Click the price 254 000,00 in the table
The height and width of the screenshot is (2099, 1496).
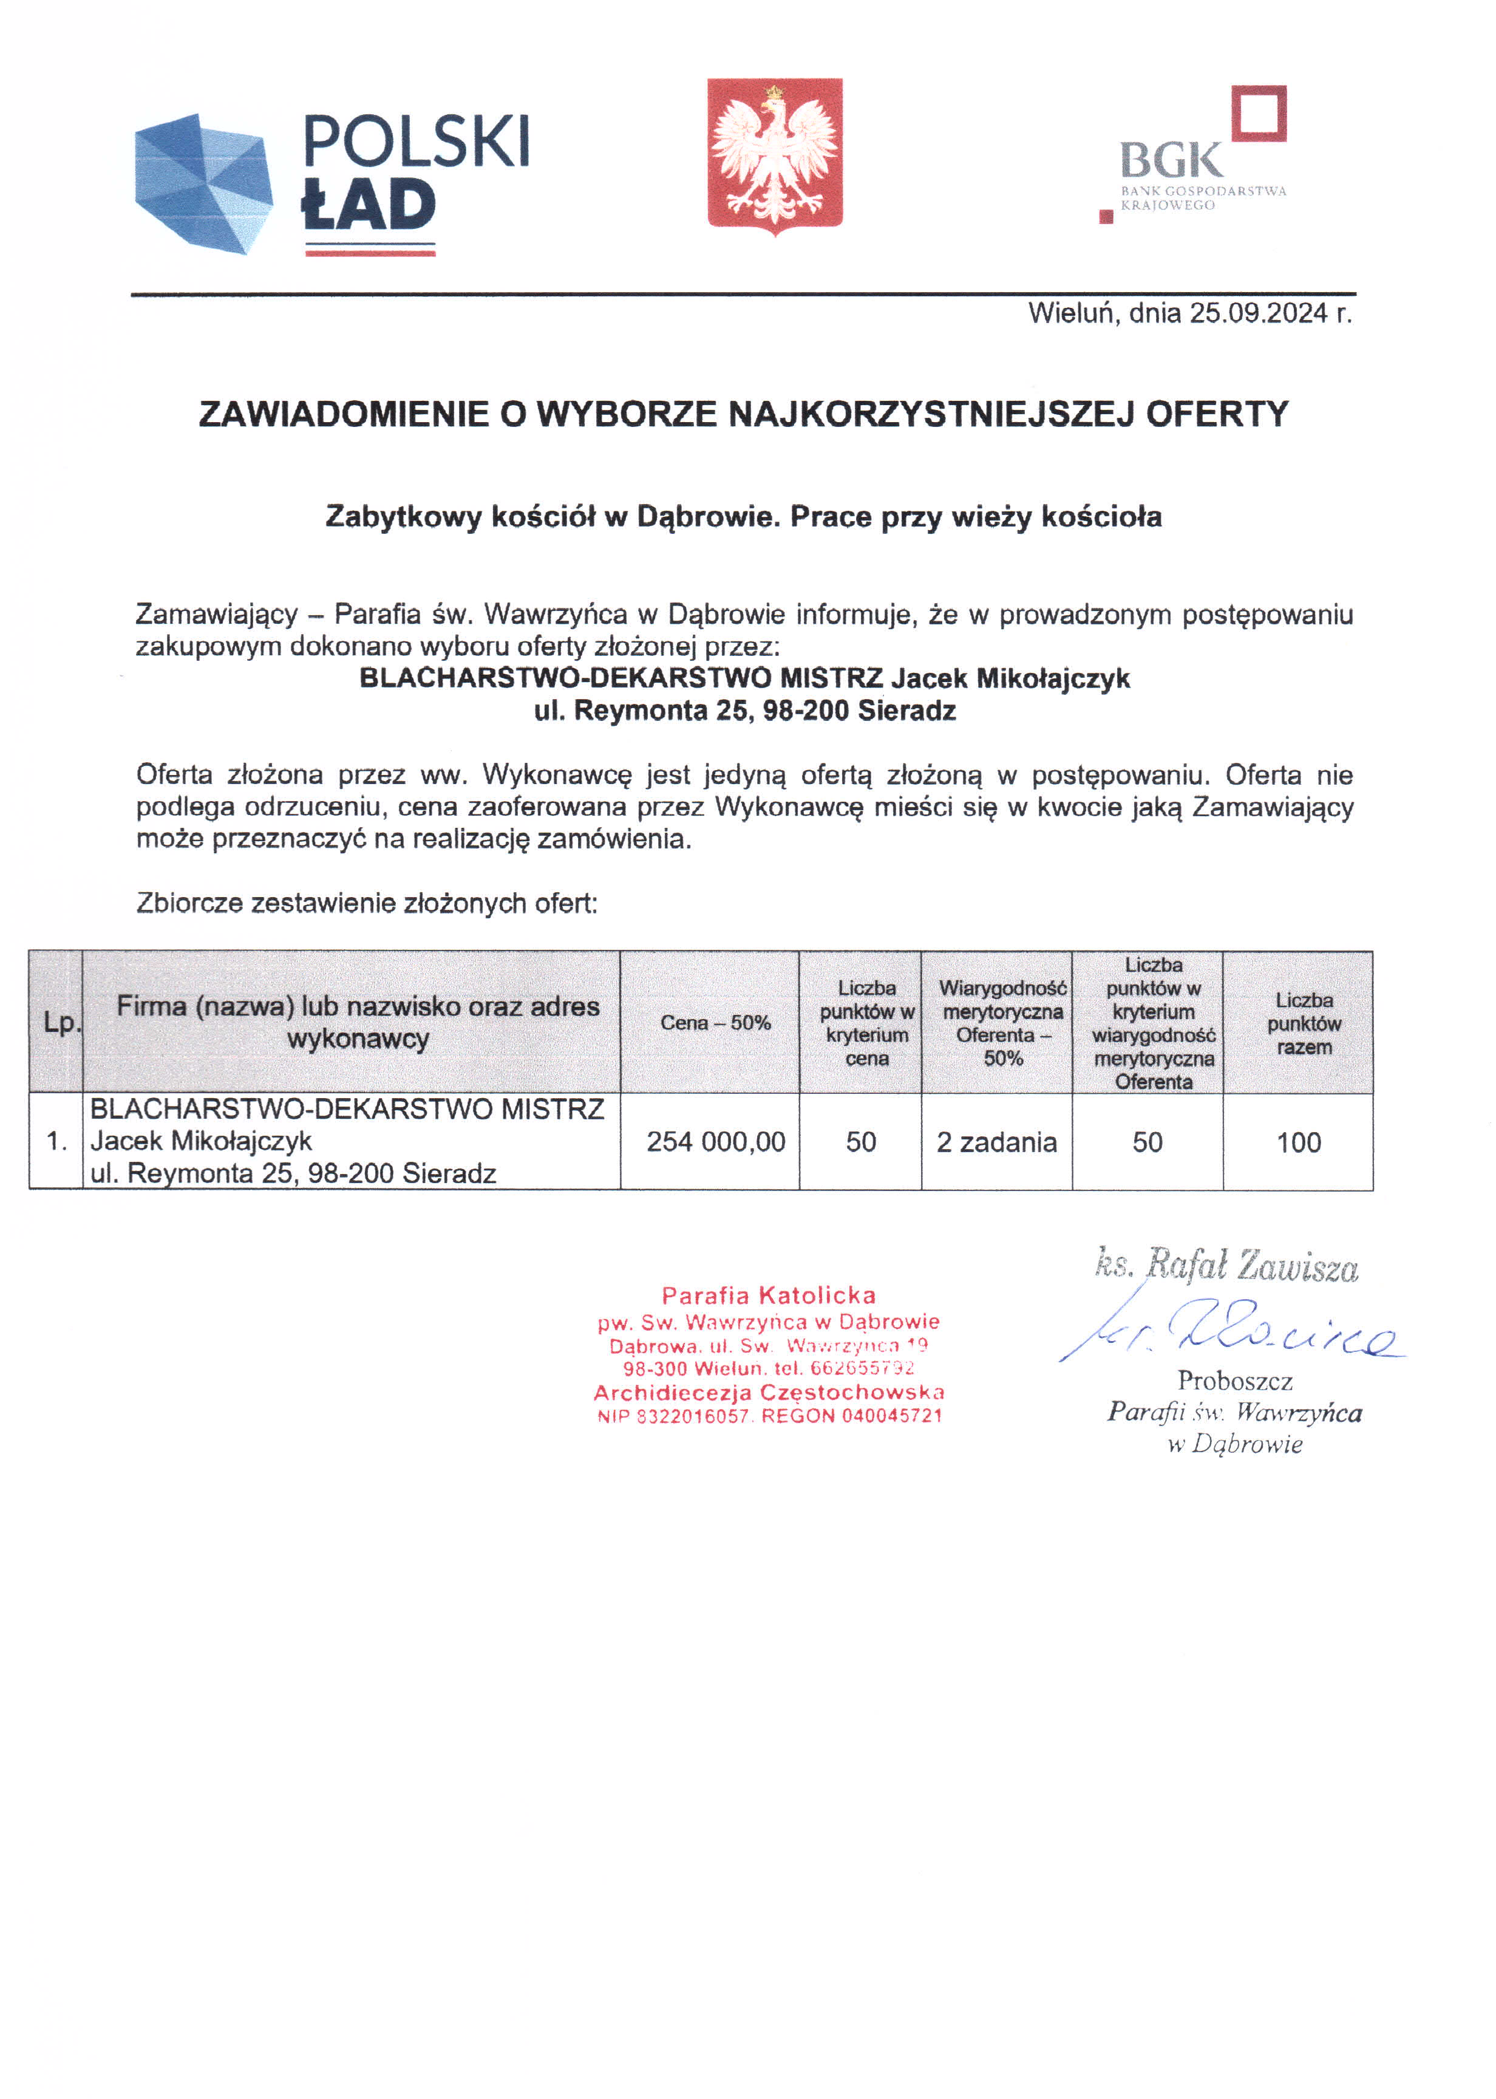click(716, 1142)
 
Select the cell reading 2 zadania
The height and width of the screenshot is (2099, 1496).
click(997, 1142)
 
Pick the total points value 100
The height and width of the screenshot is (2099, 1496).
click(1298, 1142)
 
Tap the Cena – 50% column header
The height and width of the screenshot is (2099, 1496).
click(715, 1023)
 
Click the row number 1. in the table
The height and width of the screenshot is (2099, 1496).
click(57, 1142)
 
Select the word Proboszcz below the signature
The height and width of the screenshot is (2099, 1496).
click(1234, 1381)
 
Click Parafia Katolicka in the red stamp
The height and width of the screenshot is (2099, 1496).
click(768, 1295)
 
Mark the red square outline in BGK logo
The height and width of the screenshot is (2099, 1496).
click(1259, 114)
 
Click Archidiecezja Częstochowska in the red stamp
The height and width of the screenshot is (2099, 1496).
click(768, 1392)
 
